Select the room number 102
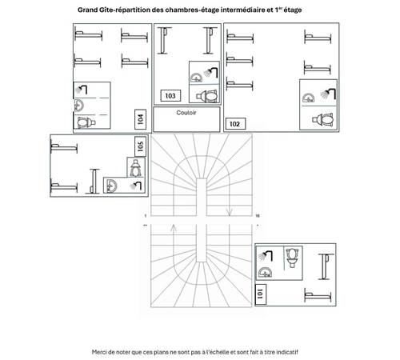click(x=234, y=124)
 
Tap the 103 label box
click(x=170, y=96)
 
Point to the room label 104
click(x=140, y=119)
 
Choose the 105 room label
click(x=140, y=146)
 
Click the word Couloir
click(x=186, y=113)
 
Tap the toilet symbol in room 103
click(x=210, y=96)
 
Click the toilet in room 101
click(x=294, y=258)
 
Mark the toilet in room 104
click(x=85, y=122)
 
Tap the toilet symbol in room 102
click(x=324, y=119)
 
